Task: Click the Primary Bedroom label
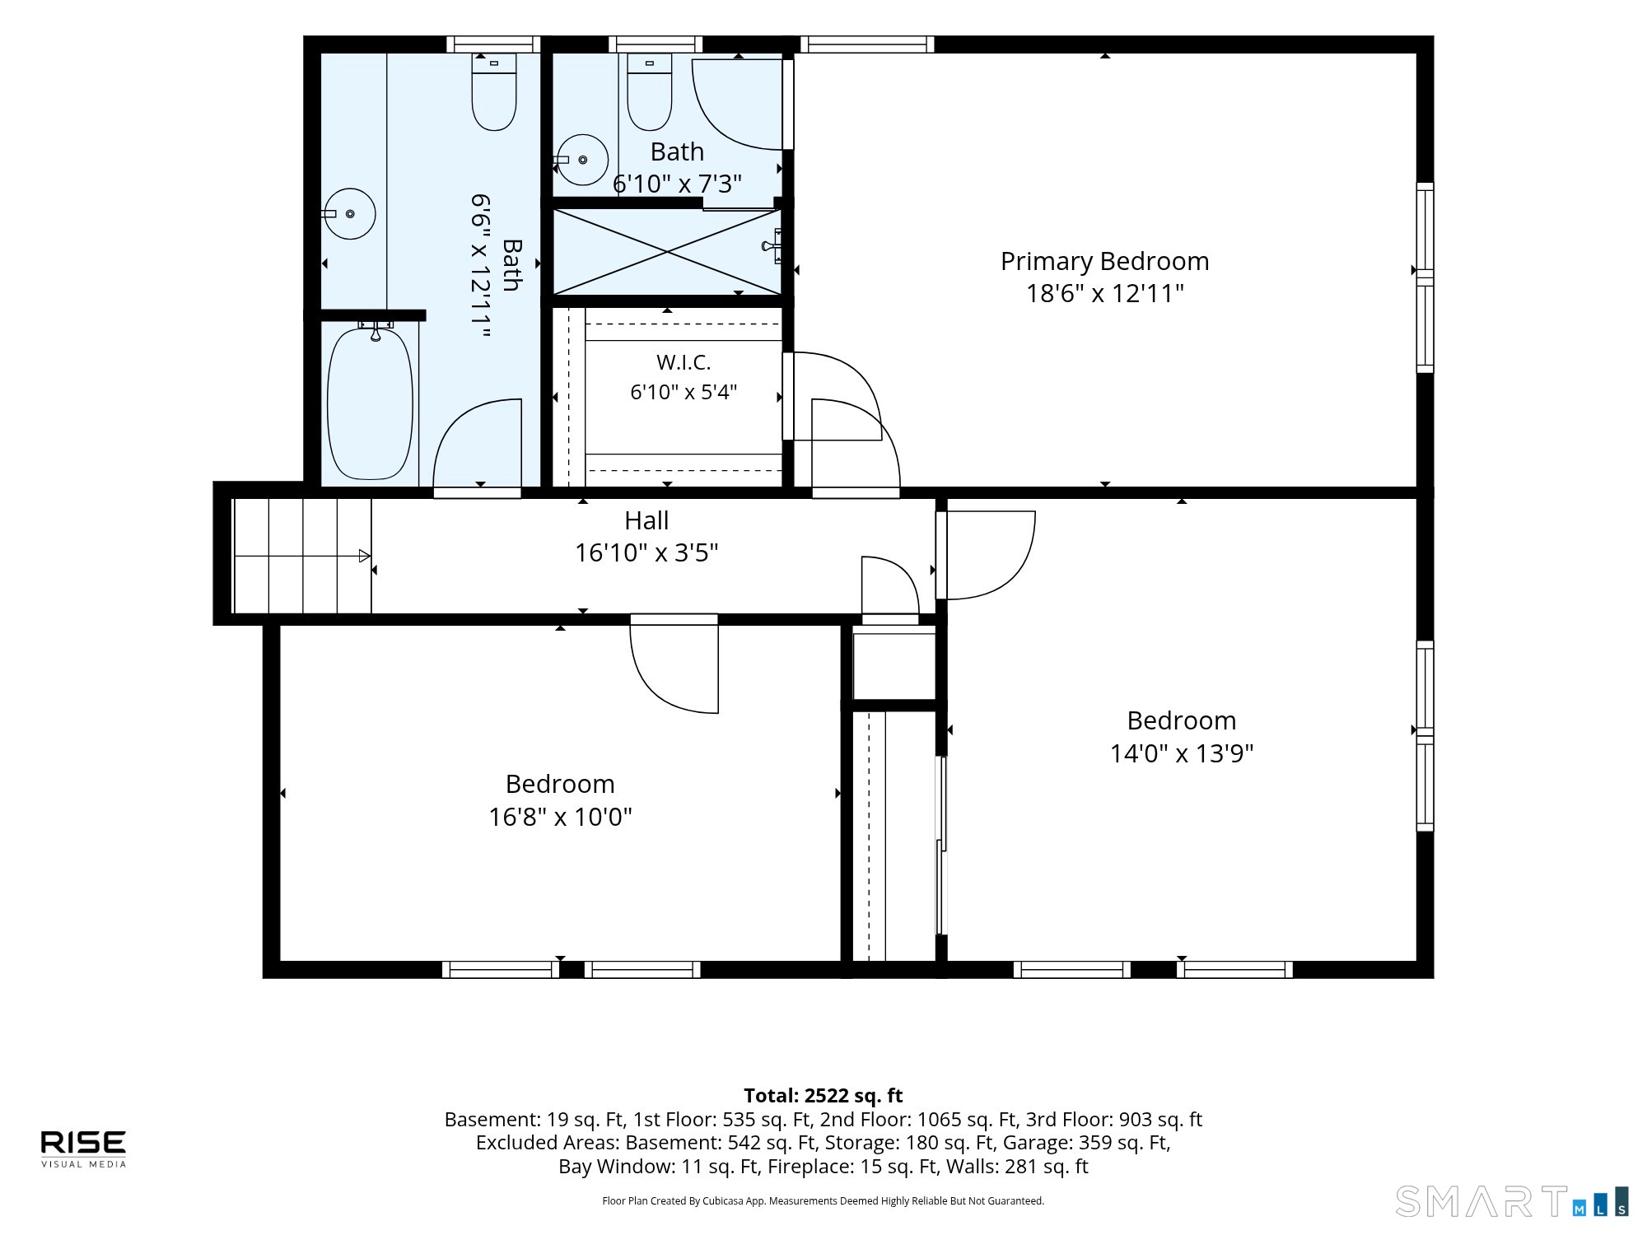click(x=1104, y=261)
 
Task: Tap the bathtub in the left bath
click(x=370, y=403)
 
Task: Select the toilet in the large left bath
click(x=494, y=92)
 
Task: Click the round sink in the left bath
click(x=349, y=213)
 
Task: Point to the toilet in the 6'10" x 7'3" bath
click(x=650, y=92)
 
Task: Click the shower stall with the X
click(x=667, y=251)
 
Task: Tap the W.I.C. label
click(x=684, y=362)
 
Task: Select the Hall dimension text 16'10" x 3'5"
click(x=646, y=552)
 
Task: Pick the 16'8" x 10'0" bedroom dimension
click(x=560, y=817)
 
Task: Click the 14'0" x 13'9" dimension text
click(x=1182, y=753)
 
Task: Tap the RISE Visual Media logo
click(x=84, y=1149)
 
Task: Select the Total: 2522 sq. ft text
click(x=823, y=1096)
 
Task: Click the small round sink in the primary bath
click(x=582, y=160)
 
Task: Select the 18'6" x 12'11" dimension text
click(x=1104, y=293)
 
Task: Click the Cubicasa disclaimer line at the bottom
click(x=823, y=1201)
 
